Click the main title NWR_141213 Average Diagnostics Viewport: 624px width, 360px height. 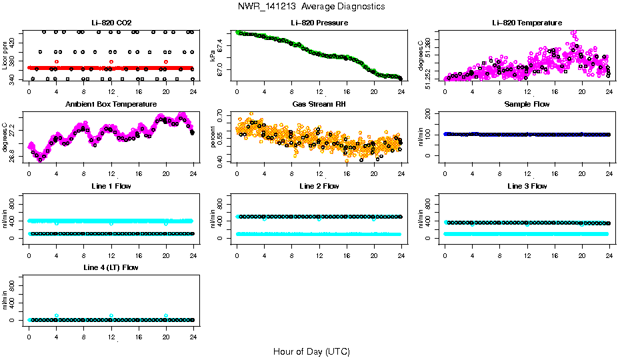coord(311,7)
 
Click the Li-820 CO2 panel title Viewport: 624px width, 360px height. coord(111,23)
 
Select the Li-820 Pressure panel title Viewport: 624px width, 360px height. coord(319,23)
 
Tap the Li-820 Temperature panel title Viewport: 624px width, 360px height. coord(527,23)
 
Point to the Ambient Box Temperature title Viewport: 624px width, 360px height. coord(111,105)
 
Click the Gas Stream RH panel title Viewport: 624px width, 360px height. coord(319,105)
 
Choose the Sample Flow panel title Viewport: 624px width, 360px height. coord(527,105)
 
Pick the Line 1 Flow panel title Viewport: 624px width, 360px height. coord(111,186)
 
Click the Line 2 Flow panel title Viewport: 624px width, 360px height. coord(319,186)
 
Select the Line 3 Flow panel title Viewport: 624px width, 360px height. coord(527,186)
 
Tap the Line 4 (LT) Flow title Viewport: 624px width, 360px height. coord(111,267)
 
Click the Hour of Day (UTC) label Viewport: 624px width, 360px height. coord(311,351)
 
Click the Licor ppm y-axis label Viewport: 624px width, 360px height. coord(5,55)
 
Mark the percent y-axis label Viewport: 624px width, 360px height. coord(213,136)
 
